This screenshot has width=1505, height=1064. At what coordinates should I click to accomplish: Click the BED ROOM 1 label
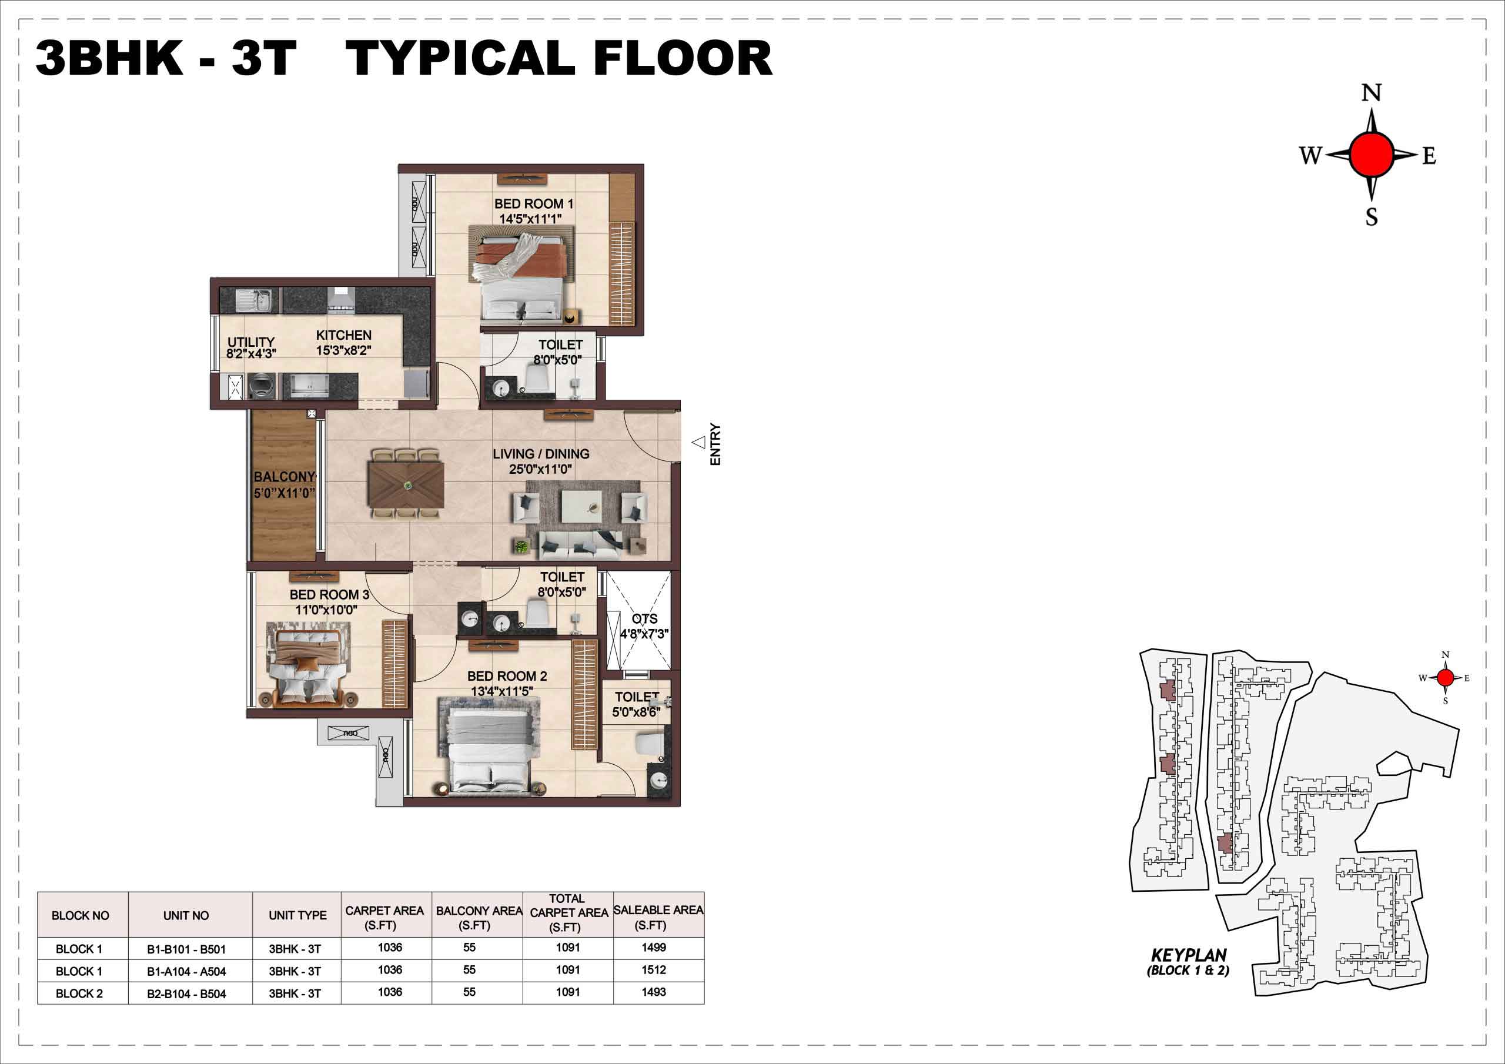coord(534,204)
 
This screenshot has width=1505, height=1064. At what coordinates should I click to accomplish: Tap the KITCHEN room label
coord(343,335)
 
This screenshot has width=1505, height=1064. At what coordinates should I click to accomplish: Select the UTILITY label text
coord(251,342)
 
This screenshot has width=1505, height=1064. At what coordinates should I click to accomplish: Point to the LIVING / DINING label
coord(541,454)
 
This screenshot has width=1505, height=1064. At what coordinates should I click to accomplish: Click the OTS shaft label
coord(644,619)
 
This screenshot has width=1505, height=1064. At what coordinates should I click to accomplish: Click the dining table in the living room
coord(407,484)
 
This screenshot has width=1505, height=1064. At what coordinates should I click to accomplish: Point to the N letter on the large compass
coord(1372,93)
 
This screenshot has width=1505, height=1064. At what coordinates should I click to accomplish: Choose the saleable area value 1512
coord(654,969)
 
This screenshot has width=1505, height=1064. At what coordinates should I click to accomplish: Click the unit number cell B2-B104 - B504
coord(186,994)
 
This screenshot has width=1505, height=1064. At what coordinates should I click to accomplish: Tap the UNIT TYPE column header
coord(297,915)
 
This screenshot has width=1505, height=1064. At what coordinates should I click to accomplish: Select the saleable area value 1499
coord(654,947)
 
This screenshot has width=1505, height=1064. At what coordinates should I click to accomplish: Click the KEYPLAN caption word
coord(1188,955)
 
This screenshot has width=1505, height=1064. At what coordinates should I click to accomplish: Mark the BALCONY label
coord(285,477)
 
